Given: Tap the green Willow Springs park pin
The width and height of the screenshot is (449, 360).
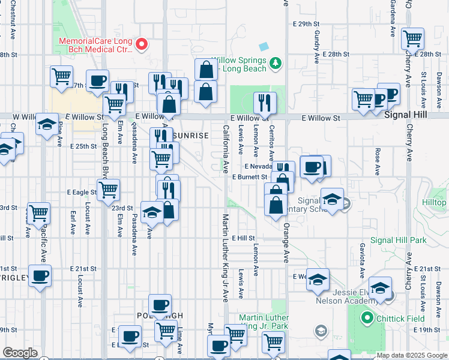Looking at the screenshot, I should click(276, 62).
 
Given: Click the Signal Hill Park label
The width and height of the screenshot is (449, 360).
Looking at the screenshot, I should click(398, 240).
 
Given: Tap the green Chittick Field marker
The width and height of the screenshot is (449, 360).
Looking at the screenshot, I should click(364, 318).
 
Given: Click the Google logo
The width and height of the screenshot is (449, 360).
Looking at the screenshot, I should click(20, 353).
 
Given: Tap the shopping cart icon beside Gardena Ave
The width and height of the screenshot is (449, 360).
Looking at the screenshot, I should click(413, 39).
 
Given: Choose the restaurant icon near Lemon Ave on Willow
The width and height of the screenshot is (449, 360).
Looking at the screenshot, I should click(264, 103).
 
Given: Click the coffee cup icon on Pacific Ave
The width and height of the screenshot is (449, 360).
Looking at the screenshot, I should click(40, 276).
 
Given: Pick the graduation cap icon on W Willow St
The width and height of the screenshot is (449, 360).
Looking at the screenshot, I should click(47, 124).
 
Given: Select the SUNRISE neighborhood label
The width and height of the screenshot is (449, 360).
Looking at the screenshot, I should click(191, 136).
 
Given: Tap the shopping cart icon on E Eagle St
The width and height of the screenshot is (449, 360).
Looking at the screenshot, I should click(108, 190).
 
